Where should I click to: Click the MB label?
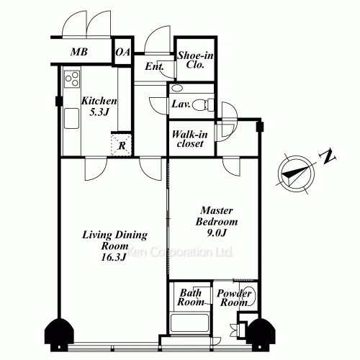[x=78, y=52]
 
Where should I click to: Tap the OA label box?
[x=123, y=52]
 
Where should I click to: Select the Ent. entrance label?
[x=154, y=67]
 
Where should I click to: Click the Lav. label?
[x=181, y=104]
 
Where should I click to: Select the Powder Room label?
[x=234, y=298]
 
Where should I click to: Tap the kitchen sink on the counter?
[x=71, y=118]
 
